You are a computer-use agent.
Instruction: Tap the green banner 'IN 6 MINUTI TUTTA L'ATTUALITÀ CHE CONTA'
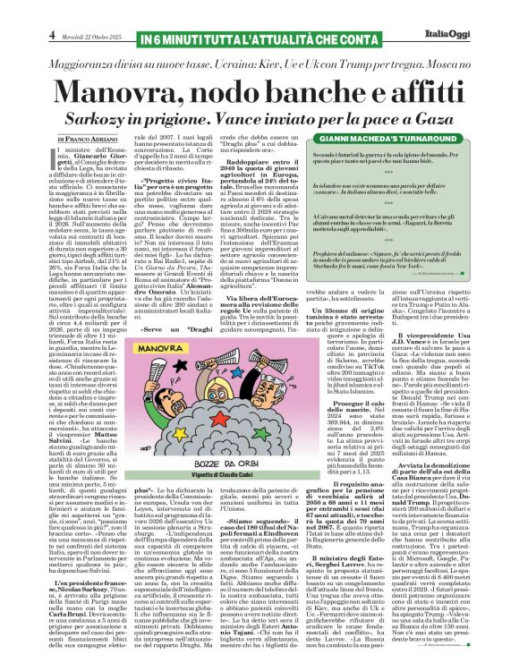pos(259,12)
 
